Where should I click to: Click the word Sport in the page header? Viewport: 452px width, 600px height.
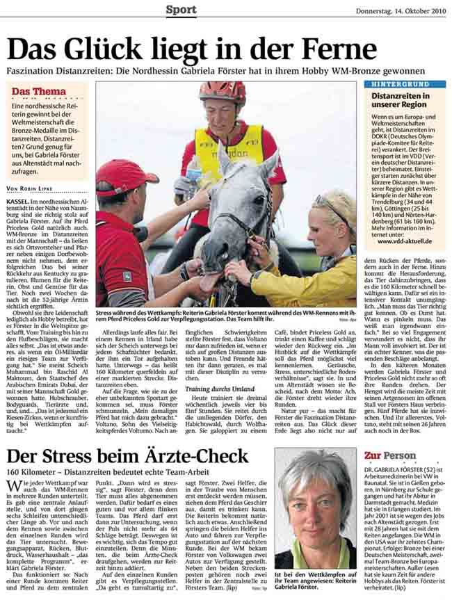[x=181, y=9]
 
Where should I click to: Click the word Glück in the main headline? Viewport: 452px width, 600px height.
[x=112, y=50]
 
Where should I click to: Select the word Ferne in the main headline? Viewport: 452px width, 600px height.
[x=335, y=50]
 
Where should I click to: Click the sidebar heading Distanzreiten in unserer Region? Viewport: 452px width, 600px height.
[x=400, y=100]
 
